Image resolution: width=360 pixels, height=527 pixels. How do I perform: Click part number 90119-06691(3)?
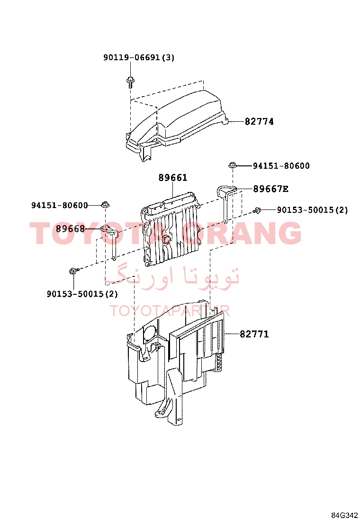click(139, 57)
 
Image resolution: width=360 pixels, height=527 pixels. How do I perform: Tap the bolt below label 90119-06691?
click(130, 82)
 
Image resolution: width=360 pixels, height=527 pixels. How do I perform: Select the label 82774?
click(259, 121)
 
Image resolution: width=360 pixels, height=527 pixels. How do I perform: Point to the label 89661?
click(172, 177)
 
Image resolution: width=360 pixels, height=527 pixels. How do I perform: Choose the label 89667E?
click(270, 189)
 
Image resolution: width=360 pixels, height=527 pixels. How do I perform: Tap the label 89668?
click(70, 229)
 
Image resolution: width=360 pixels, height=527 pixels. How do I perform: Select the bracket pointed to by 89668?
click(111, 240)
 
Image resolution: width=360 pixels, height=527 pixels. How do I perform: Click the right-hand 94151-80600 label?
click(281, 166)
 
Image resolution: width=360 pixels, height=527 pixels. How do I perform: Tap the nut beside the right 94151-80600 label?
click(233, 165)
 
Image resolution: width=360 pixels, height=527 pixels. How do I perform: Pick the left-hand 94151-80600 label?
click(59, 205)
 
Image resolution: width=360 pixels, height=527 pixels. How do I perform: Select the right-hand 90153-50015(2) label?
click(312, 210)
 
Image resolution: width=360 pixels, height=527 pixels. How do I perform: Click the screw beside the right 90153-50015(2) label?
click(257, 210)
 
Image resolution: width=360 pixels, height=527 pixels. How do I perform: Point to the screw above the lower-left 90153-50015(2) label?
click(74, 271)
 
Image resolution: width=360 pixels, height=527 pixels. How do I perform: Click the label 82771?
click(254, 334)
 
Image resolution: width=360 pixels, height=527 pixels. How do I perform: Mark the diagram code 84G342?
click(344, 516)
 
